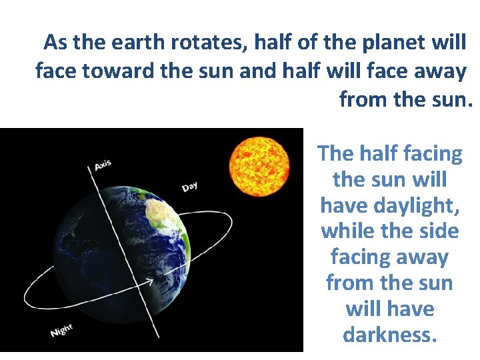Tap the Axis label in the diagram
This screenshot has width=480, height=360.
(x=102, y=164)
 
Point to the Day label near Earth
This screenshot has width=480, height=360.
(x=189, y=187)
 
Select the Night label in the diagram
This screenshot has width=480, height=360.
(x=61, y=329)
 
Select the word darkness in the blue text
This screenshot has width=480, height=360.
(x=390, y=335)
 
